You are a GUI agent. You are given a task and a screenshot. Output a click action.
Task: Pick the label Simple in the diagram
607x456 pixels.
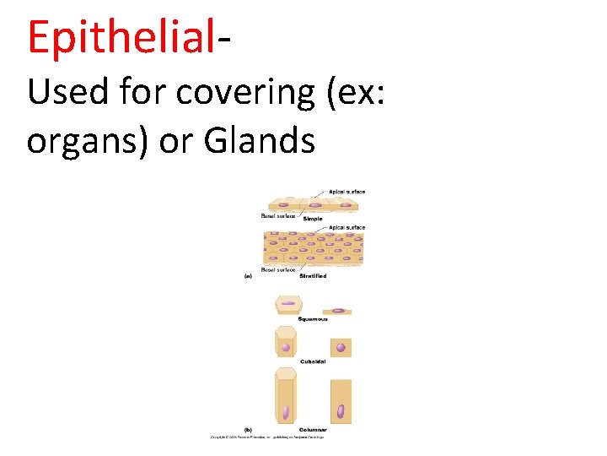(312, 219)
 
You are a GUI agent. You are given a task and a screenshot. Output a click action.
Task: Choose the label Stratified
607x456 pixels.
(313, 276)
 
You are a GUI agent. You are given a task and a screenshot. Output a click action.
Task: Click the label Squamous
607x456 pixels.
(313, 319)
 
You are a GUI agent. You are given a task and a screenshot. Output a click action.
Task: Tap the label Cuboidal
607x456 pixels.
(313, 362)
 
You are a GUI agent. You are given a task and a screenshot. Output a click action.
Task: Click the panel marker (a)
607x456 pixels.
(249, 275)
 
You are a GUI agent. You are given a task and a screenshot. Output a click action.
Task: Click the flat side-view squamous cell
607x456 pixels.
(337, 311)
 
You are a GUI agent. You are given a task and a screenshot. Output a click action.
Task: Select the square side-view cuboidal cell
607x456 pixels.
(341, 347)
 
